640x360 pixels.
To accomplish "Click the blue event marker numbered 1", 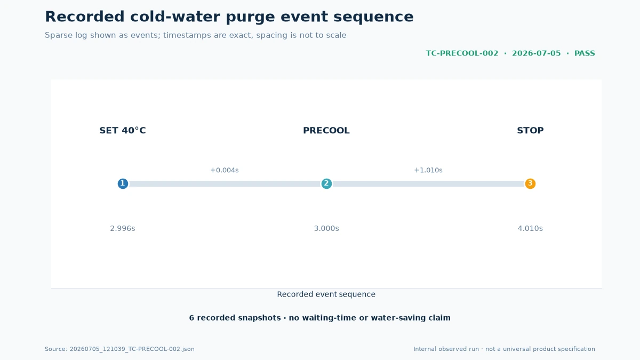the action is (123, 183).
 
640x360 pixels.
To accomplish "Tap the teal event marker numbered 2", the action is (326, 183).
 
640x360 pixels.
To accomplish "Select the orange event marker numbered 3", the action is (530, 183).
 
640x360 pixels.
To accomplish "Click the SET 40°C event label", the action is (123, 131).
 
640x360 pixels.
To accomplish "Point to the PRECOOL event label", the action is (326, 131).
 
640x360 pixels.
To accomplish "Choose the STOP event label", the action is (530, 131).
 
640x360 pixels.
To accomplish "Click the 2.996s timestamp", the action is (123, 229).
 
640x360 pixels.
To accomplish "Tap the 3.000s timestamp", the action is (326, 229).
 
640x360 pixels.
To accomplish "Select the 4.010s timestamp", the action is (530, 229).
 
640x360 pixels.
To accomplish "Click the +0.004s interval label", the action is (225, 170).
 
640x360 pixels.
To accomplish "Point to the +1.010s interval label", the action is (428, 170).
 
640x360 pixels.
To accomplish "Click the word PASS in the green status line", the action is (585, 53).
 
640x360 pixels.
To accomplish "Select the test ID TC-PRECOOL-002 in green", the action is (462, 53).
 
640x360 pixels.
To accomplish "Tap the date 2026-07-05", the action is (537, 53).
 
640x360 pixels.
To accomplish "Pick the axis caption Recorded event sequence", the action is (326, 294).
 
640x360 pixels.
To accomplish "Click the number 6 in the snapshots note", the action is (191, 318).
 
